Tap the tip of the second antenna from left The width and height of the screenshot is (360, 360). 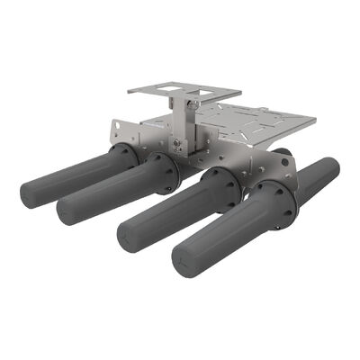point(65,213)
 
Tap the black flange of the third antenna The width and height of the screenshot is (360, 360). point(220,192)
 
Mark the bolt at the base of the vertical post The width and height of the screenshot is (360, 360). point(178,141)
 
